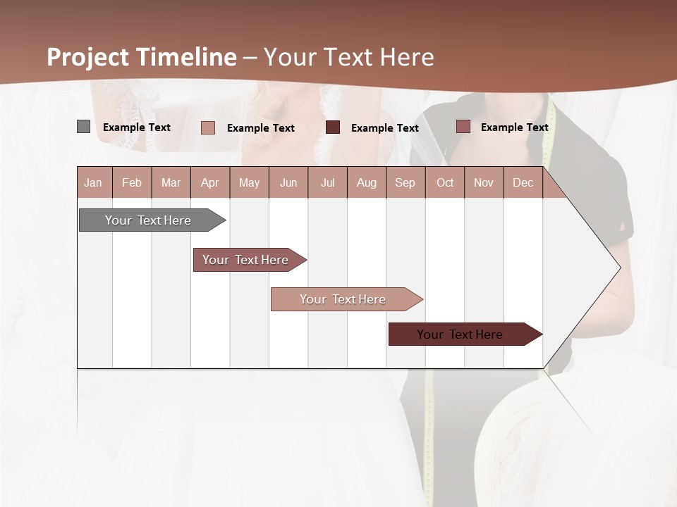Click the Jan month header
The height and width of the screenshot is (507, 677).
tap(93, 182)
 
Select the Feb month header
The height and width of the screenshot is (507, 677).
tap(132, 182)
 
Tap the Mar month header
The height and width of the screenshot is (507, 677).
tap(171, 182)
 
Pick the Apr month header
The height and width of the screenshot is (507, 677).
tap(210, 182)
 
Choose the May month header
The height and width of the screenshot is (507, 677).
tap(249, 182)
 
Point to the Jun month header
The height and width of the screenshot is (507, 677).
tap(288, 182)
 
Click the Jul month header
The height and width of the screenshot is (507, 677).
tap(327, 182)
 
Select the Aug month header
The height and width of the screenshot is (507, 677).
tap(367, 182)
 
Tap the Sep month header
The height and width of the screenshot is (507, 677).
tap(405, 182)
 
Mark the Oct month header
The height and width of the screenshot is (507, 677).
tap(445, 182)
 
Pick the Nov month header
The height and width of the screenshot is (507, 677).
tap(484, 182)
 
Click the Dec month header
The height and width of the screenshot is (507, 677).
tap(523, 182)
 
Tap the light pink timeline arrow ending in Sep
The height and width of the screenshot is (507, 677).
tap(343, 299)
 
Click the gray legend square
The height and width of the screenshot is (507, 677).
tap(84, 127)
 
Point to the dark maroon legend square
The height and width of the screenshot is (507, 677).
tap(333, 127)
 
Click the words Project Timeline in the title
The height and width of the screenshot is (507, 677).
tap(142, 57)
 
